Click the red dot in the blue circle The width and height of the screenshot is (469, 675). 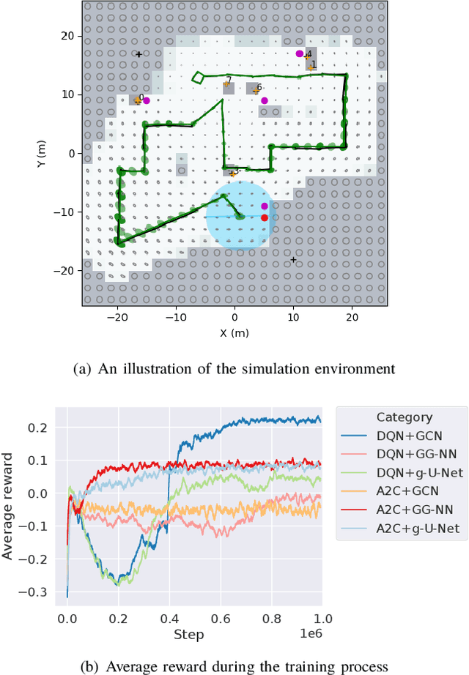click(265, 217)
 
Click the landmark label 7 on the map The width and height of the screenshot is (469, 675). click(229, 81)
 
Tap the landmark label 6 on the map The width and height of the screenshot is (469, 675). click(259, 87)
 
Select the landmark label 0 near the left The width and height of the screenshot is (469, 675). click(141, 97)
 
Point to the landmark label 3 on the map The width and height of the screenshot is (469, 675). click(236, 171)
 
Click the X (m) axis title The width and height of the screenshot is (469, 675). click(234, 333)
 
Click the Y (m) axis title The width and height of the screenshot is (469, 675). click(41, 153)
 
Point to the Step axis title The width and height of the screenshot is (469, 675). click(188, 634)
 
